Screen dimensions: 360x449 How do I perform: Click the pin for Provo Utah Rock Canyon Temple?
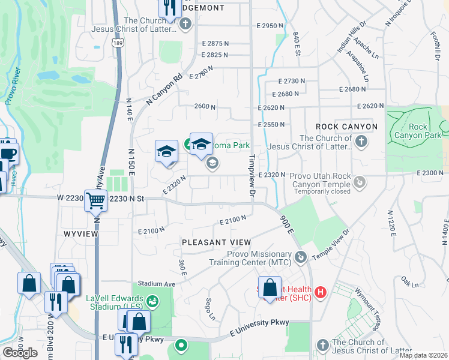359,181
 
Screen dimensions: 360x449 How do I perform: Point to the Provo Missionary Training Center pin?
301,257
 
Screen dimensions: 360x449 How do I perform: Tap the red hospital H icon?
321,292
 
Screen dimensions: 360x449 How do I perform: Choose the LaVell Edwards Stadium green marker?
152,300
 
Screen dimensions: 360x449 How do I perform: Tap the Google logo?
20,352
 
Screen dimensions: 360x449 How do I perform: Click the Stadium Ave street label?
156,283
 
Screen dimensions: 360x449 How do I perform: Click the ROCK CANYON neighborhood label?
347,127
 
